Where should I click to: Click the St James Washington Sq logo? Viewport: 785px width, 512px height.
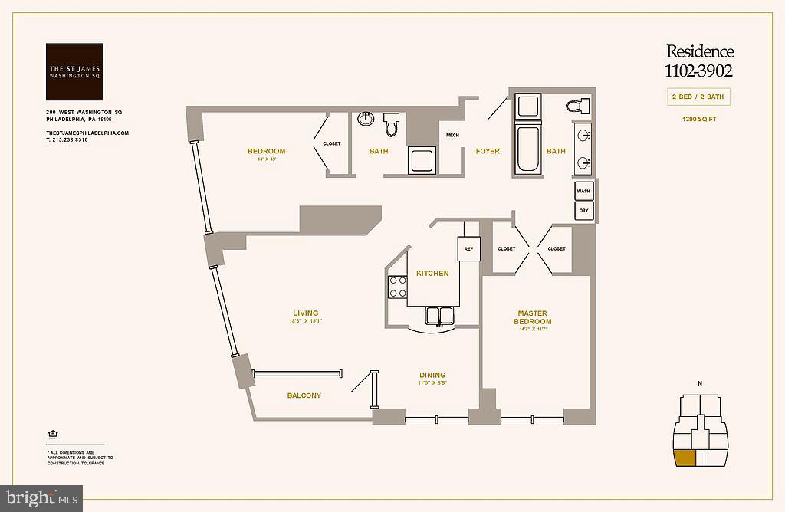pyautogui.click(x=74, y=72)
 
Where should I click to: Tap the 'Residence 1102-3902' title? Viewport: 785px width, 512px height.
pyautogui.click(x=699, y=61)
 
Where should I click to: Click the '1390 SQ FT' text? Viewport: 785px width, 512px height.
pyautogui.click(x=698, y=119)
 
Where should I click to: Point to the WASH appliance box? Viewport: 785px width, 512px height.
pyautogui.click(x=583, y=191)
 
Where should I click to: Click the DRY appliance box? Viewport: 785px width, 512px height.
pyautogui.click(x=583, y=210)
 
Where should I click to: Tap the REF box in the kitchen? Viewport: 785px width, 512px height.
pyautogui.click(x=468, y=248)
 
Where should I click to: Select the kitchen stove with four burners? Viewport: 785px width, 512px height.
pyautogui.click(x=398, y=287)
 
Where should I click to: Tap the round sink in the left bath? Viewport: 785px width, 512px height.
pyautogui.click(x=366, y=119)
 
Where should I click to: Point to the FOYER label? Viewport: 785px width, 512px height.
pyautogui.click(x=488, y=151)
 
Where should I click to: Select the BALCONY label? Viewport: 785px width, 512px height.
pyautogui.click(x=304, y=395)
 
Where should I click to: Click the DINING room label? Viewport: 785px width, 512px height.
pyautogui.click(x=432, y=376)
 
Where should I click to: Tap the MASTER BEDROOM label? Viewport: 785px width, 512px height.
pyautogui.click(x=532, y=317)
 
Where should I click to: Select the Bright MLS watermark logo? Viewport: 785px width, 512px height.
pyautogui.click(x=41, y=498)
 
